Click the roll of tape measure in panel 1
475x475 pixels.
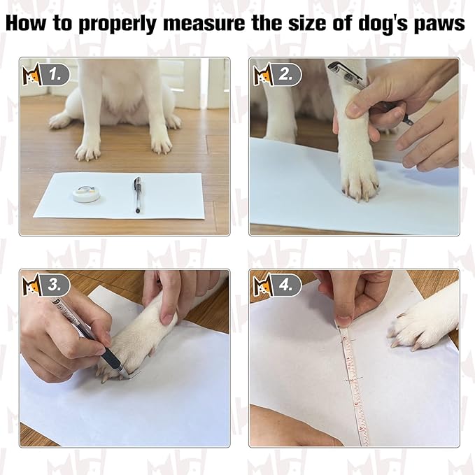[x=85, y=193]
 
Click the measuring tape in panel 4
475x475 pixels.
[x=353, y=385]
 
